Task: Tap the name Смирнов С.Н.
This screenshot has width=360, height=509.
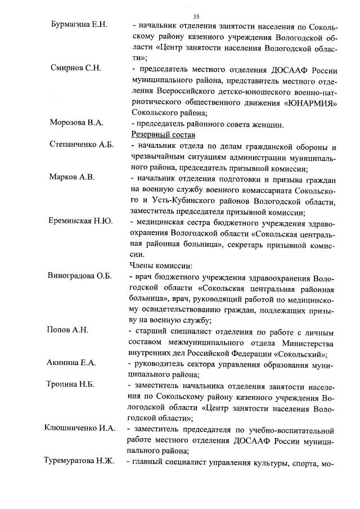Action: [x=76, y=69]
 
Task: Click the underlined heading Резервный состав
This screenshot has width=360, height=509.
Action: [x=163, y=134]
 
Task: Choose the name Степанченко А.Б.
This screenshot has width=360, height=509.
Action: [x=82, y=145]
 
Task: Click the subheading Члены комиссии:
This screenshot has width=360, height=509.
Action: [x=161, y=265]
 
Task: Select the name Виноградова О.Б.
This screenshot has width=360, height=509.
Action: [x=80, y=276]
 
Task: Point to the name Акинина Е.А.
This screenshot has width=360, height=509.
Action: [x=71, y=363]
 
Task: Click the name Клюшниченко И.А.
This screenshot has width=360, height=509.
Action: [x=80, y=429]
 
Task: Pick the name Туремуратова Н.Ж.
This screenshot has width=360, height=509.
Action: [x=79, y=461]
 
